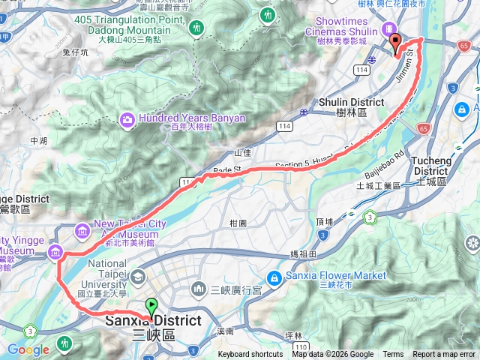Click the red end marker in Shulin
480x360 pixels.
[394, 43]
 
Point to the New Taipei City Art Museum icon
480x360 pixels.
[81, 229]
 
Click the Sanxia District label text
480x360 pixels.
[152, 321]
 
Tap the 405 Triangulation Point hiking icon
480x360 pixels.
[196, 27]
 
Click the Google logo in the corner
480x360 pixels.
[28, 349]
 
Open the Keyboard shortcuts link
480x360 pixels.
[250, 355]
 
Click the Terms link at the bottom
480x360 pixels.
[393, 355]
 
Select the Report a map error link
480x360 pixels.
[444, 355]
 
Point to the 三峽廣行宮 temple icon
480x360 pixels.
[199, 289]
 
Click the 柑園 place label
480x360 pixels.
[238, 223]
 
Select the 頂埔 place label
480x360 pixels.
[324, 222]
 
